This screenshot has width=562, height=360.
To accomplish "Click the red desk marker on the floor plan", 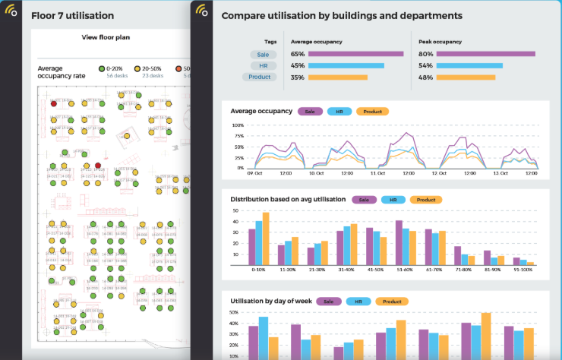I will pos(96,166).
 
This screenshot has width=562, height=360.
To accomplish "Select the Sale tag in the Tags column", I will pos(261,54).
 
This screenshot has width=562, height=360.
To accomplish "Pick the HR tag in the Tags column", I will pos(261,65).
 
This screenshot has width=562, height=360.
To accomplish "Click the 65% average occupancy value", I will pos(298,54).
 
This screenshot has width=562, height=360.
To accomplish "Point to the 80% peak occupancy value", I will pos(426,54).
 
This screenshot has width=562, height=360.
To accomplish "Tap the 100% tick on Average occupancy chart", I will pos(238,125).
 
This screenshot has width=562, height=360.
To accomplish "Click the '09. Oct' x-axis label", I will pos(255,174).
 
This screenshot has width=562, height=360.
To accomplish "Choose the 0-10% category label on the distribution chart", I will pos(259,269).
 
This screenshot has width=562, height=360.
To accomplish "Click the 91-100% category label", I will pos(523,269).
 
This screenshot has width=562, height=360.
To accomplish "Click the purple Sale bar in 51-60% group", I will pos(399,242).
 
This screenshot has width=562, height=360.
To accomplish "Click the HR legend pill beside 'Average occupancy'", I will pos(338,111).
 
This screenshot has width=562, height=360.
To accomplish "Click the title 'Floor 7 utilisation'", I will pos(73,15).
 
